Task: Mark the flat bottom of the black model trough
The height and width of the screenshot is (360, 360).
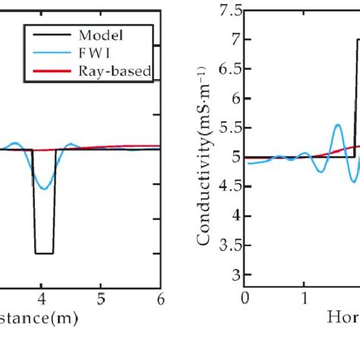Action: [44, 253]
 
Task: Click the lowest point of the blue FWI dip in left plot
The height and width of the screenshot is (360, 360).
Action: [45, 189]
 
